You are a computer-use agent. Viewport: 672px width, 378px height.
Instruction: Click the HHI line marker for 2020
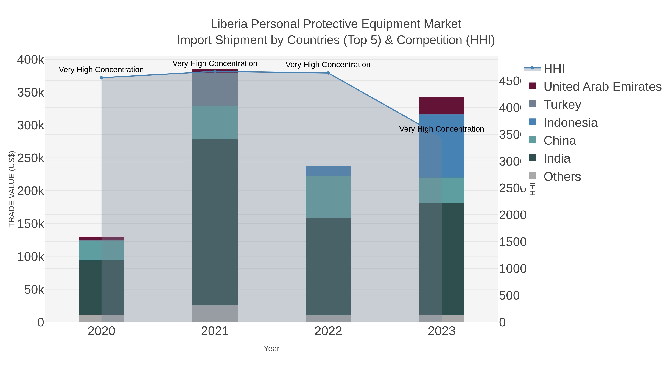click(102, 78)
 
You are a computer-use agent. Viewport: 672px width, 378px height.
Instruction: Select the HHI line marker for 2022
click(328, 73)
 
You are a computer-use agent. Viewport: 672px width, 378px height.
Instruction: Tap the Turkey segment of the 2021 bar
click(215, 89)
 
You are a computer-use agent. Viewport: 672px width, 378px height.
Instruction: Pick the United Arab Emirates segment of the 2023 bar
click(441, 105)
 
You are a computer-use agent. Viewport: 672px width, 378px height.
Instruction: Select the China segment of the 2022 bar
click(328, 197)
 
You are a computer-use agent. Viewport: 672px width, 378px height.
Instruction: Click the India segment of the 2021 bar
click(215, 222)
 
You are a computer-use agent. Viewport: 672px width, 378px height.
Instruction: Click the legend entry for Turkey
click(562, 105)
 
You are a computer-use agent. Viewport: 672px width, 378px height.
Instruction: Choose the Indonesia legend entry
click(570, 123)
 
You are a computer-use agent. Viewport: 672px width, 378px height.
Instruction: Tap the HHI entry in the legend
click(554, 69)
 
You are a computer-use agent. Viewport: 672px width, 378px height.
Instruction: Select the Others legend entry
click(562, 177)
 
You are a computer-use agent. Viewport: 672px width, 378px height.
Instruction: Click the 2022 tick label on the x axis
click(328, 331)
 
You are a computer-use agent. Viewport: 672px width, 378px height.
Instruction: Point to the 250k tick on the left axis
click(31, 158)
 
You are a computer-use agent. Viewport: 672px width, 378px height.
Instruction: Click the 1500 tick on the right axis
click(513, 242)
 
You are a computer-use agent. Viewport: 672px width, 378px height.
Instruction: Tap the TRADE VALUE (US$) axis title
click(12, 189)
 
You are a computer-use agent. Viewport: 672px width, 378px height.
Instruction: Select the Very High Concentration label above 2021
click(215, 63)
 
